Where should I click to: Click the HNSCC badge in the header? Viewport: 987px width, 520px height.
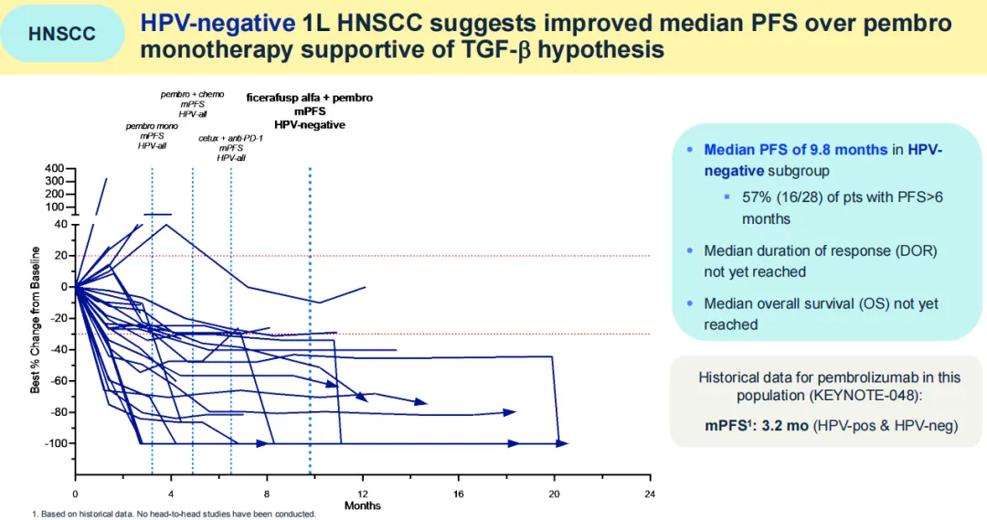[61, 35]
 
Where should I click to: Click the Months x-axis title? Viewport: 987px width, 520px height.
[363, 505]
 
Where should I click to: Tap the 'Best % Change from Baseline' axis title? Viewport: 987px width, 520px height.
[36, 320]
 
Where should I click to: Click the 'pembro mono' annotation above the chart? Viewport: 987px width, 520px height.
[152, 126]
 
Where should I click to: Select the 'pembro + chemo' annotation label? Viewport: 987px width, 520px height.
[192, 94]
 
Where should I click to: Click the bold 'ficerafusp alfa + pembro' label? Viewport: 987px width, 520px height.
[310, 97]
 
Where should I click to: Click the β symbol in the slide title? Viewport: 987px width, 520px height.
[523, 49]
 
